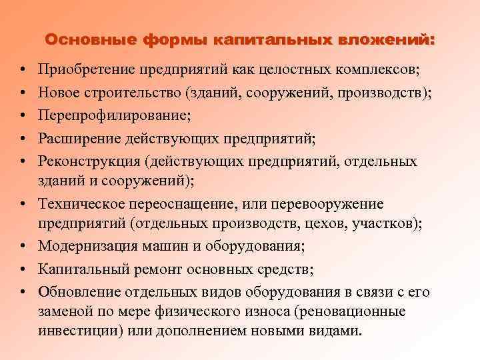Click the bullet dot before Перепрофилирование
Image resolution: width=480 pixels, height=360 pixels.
pos(23,116)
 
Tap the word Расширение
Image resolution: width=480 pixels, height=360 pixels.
pos(81,139)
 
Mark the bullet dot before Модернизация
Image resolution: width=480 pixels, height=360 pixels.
pos(23,246)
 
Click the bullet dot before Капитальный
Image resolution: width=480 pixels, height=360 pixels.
pos(23,269)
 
